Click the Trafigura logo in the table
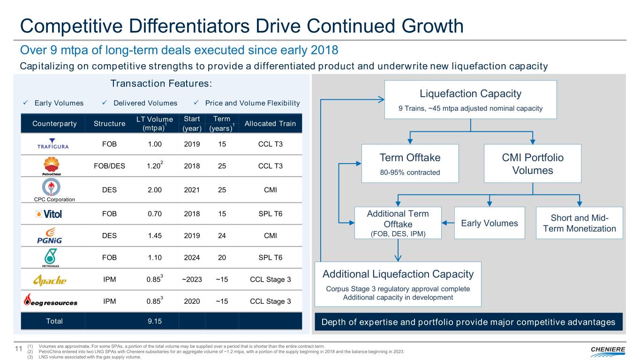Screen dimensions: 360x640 point(53,144)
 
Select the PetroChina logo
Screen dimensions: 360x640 point(52,166)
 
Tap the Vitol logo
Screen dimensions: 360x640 point(49,214)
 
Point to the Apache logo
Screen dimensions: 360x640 point(50,280)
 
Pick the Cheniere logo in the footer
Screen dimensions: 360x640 point(608,349)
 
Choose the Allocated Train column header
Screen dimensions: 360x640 point(270,123)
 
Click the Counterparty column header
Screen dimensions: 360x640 point(54,123)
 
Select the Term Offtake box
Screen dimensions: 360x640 point(410,163)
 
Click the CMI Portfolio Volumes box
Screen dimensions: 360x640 point(533,163)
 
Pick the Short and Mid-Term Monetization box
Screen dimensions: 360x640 point(579,223)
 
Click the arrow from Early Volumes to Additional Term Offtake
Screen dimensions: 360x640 point(448,223)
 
